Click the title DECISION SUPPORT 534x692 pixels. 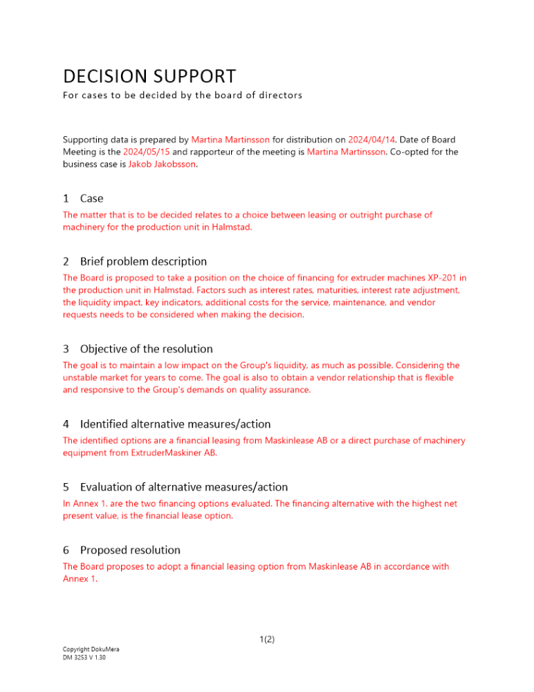tap(149, 75)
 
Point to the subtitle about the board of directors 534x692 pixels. tap(183, 95)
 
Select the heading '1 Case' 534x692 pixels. tap(83, 199)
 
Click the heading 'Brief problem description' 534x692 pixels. tap(143, 262)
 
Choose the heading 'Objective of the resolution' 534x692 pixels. tap(146, 349)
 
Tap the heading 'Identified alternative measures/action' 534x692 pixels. tap(175, 424)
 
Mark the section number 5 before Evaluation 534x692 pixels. tap(66, 487)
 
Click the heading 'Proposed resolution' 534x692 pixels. tap(130, 550)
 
